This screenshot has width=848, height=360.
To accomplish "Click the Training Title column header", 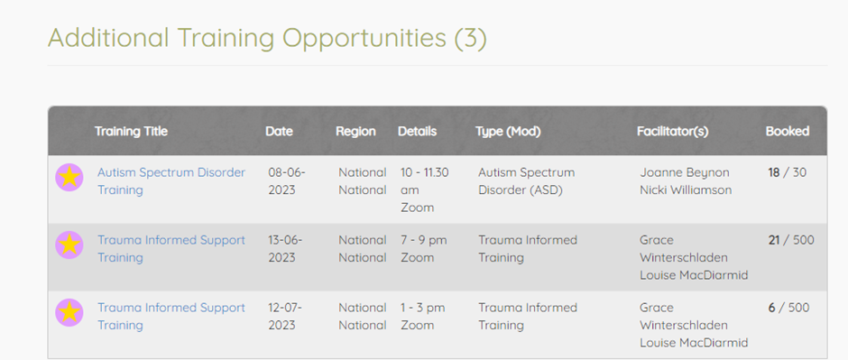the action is tap(131, 132).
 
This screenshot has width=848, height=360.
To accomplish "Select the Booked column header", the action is tap(788, 132).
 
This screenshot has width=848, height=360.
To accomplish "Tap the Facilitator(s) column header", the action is tap(673, 132).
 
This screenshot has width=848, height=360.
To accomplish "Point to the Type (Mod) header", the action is tap(509, 132).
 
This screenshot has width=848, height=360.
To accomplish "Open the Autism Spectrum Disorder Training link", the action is tap(171, 181).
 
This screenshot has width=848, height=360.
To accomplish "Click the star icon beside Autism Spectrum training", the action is tap(69, 177).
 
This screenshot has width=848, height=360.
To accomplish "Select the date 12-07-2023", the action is tap(285, 316).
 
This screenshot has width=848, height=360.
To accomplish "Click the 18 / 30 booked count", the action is tap(787, 172).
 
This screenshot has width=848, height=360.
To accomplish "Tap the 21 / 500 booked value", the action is tap(790, 240).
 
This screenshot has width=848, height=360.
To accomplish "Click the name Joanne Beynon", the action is tap(685, 172).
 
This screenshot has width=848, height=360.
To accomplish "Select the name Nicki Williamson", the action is tap(686, 189).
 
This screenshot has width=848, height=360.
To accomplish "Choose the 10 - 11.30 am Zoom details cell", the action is tap(425, 189).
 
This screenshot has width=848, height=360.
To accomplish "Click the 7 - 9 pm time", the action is tap(424, 240).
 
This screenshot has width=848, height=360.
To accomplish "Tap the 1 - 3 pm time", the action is tap(423, 308).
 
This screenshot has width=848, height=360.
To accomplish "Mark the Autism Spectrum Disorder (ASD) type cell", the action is tap(527, 181).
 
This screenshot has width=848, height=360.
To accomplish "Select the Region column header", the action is tap(355, 132).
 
